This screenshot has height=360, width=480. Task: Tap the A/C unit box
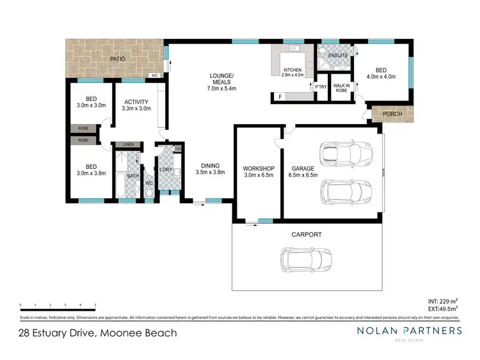click(x=154, y=75)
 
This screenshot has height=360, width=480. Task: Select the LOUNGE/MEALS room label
click(x=222, y=79)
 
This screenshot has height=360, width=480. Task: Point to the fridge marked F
click(x=280, y=97)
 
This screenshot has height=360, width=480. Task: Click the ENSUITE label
click(x=337, y=56)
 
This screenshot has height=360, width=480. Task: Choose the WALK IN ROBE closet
click(x=340, y=88)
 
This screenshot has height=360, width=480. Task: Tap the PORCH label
click(x=392, y=114)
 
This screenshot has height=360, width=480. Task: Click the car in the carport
click(x=304, y=258)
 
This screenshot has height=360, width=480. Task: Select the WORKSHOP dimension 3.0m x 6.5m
click(x=259, y=176)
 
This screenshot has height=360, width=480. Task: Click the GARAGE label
click(x=304, y=169)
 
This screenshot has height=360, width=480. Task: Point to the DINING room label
click(x=209, y=164)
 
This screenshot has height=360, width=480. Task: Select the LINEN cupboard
click(x=129, y=145)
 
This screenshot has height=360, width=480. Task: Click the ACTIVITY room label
click(x=136, y=102)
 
